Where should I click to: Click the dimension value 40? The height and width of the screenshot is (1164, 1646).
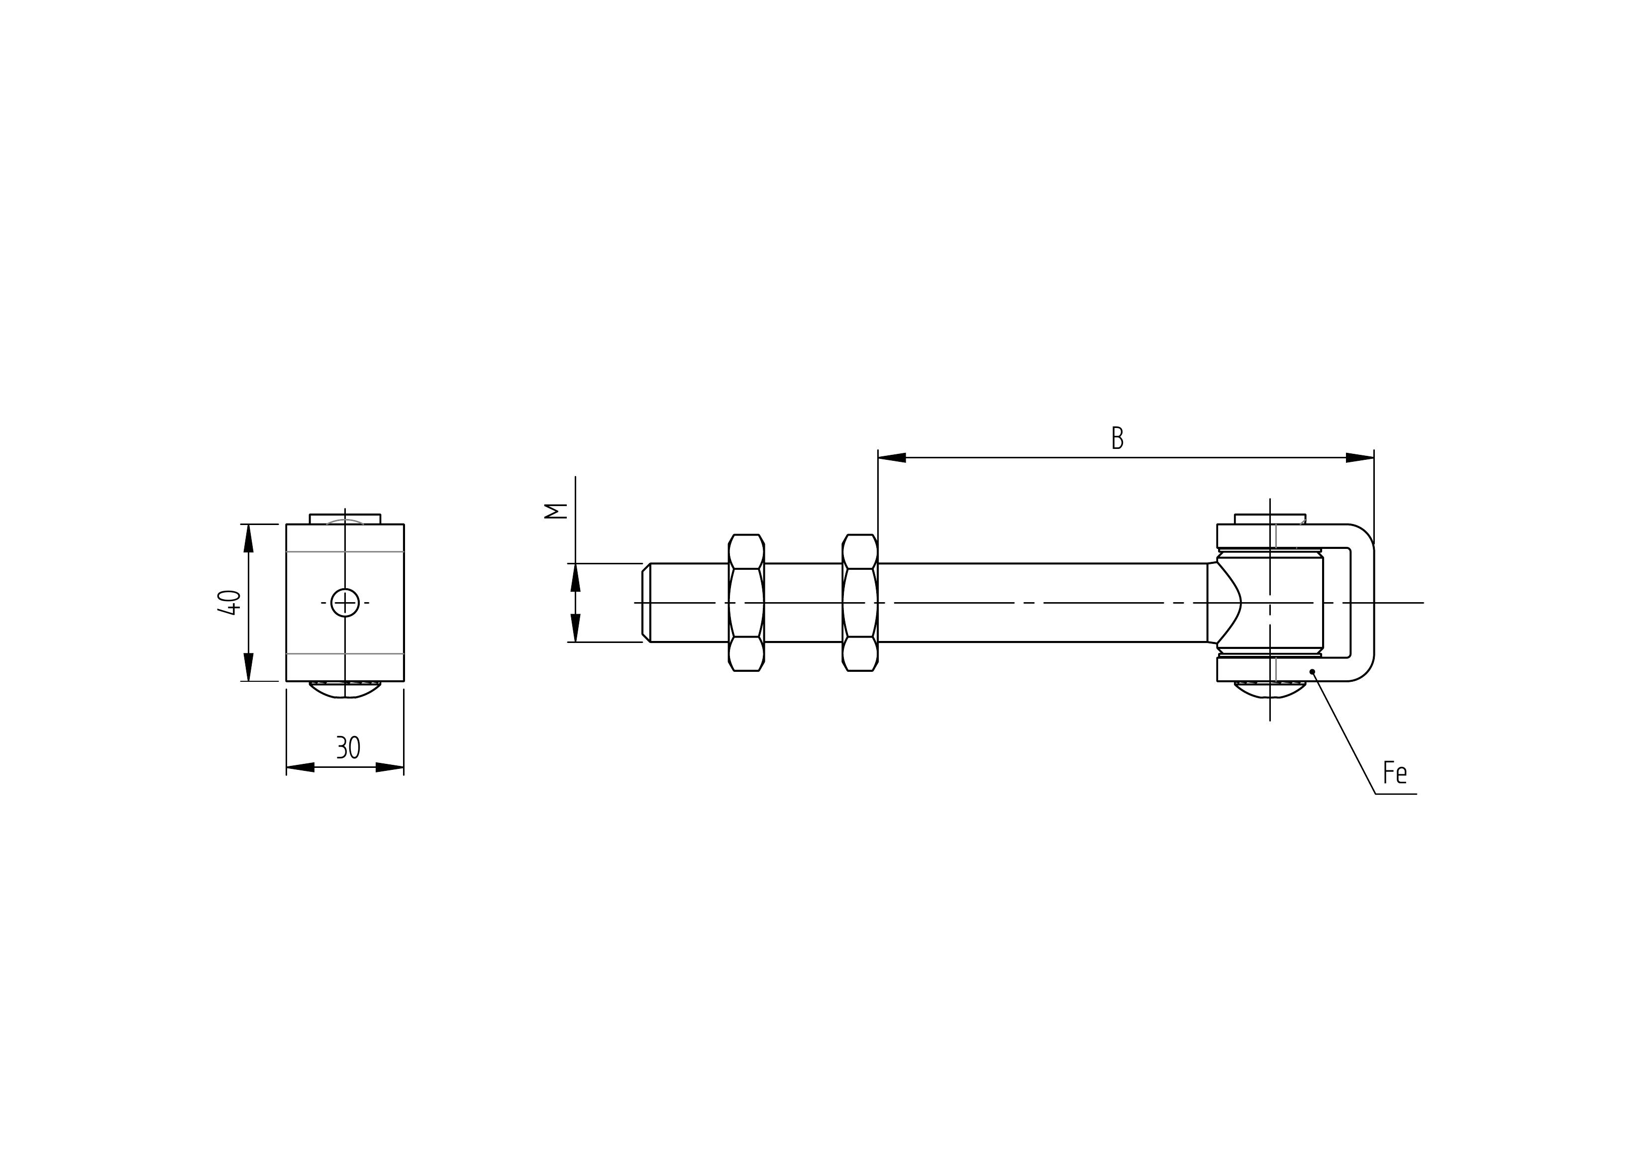coord(229,602)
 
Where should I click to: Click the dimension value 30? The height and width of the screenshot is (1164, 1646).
coord(348,748)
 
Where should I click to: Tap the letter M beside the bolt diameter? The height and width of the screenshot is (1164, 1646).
coord(556,511)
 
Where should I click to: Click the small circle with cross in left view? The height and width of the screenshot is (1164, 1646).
coord(345,603)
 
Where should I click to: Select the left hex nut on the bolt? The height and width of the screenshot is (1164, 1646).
coord(746,603)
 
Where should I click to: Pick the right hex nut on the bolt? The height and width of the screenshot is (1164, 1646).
coord(859,603)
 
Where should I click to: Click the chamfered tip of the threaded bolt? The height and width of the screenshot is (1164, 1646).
coord(646,603)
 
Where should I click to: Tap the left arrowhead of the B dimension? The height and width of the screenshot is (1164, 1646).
coord(892,457)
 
